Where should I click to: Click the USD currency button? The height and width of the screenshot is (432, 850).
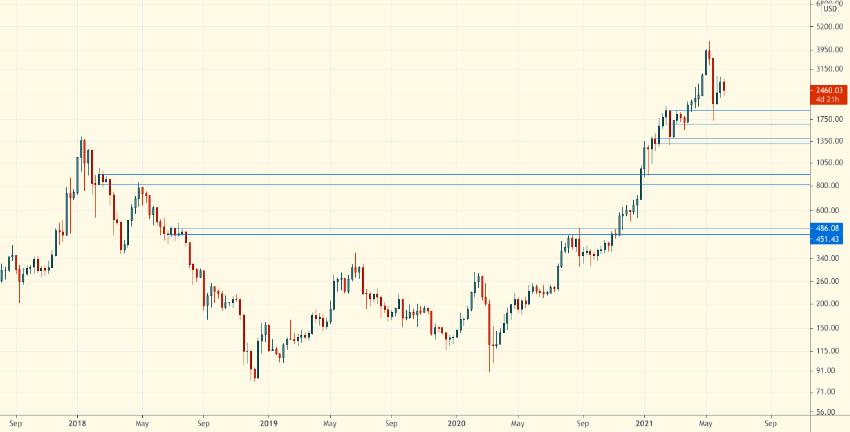(x=830, y=9)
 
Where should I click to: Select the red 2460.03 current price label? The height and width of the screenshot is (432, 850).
(x=828, y=91)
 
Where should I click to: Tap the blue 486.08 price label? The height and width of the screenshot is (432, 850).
(x=828, y=228)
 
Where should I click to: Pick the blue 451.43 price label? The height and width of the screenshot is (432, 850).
(x=828, y=239)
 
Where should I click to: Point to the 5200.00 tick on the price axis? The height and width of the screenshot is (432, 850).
(x=829, y=27)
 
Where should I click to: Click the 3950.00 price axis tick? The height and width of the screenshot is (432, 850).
(x=829, y=50)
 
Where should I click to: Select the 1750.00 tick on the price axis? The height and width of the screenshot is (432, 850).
(x=829, y=119)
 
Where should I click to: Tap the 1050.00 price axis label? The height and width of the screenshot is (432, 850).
(x=829, y=163)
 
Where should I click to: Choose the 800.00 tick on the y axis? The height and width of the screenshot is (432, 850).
(x=829, y=186)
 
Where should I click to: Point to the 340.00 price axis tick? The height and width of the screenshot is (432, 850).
(x=829, y=258)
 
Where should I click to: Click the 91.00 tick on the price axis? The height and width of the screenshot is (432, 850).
(x=829, y=371)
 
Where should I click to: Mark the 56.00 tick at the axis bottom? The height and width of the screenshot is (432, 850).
(x=829, y=412)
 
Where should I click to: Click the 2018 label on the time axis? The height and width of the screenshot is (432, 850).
(x=77, y=423)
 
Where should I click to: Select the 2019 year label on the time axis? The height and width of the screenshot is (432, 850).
(x=268, y=423)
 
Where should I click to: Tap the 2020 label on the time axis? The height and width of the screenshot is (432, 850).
(x=457, y=423)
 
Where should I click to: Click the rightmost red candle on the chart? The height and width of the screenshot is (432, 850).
(x=724, y=87)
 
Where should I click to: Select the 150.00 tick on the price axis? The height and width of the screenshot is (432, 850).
(x=829, y=328)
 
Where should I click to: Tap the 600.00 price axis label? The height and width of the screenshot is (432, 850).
(x=829, y=211)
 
